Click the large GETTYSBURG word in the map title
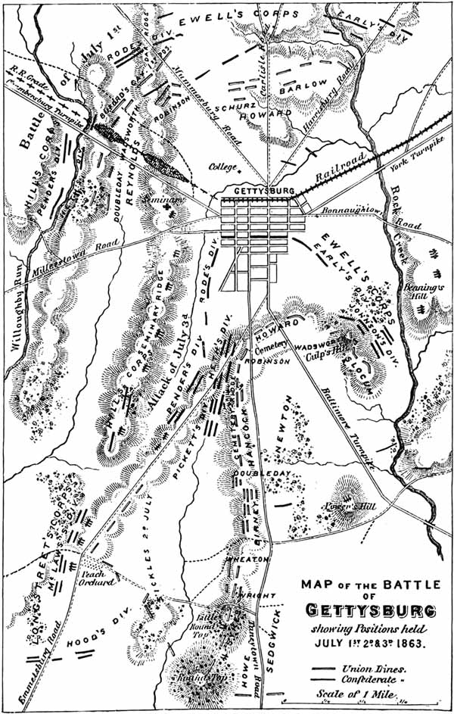[370, 610]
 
